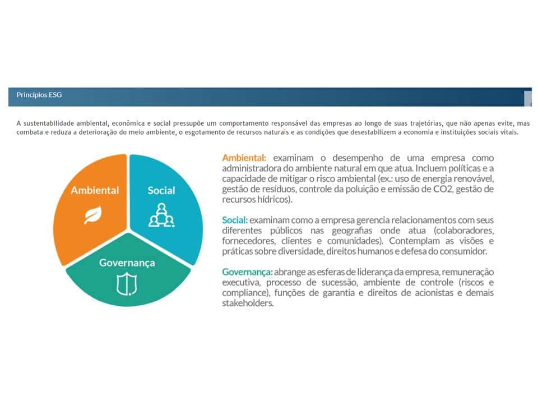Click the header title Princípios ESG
pos(39,95)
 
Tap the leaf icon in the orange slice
pos(93,215)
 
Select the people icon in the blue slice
pos(161,215)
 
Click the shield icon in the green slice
pos(127,284)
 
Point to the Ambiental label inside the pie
pos(95,190)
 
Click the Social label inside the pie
pos(161,190)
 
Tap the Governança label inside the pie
pos(127,263)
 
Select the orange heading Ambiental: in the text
pos(244,158)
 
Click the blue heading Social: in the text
pos(235,220)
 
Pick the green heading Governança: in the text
pos(247,272)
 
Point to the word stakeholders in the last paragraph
pos(248,303)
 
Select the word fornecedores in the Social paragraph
pos(249,241)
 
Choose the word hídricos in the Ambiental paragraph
pos(274,199)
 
